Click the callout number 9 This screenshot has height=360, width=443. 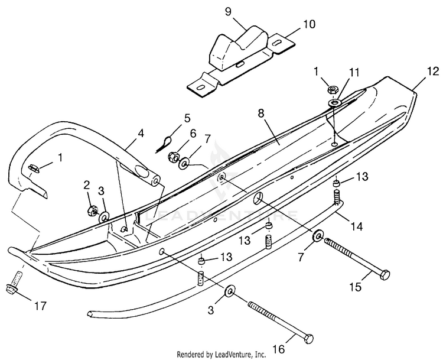(x=228, y=12)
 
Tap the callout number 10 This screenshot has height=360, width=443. (x=310, y=24)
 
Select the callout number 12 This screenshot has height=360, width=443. (x=432, y=72)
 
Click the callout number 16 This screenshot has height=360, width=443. (x=279, y=349)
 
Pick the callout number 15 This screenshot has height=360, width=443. (x=356, y=287)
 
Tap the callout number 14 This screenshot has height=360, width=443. (x=357, y=226)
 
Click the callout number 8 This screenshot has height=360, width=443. (x=260, y=113)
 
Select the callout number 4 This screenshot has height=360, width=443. (x=141, y=134)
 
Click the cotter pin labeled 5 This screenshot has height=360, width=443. (x=164, y=144)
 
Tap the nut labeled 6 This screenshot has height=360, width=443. (x=172, y=156)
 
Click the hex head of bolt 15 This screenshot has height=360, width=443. (x=385, y=274)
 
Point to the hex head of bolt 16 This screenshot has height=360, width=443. (x=309, y=339)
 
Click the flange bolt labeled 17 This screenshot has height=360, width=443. (x=14, y=281)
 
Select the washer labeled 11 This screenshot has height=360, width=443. (x=334, y=103)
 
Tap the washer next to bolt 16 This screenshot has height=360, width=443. (x=230, y=291)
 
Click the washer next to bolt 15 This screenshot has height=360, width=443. (x=318, y=235)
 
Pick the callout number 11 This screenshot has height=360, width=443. (x=353, y=72)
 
